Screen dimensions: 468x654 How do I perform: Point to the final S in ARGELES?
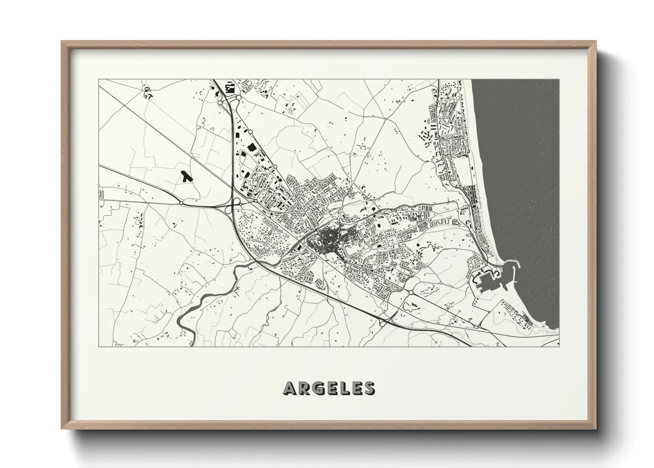[369, 388]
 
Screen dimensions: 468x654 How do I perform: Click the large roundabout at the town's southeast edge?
[411, 292]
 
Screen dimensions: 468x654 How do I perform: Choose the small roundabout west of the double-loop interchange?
[181, 203]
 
